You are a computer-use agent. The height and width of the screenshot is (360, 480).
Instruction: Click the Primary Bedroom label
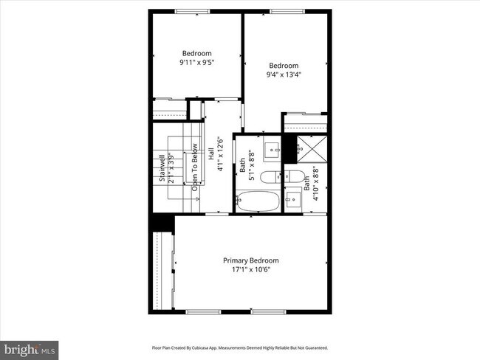tap(251, 260)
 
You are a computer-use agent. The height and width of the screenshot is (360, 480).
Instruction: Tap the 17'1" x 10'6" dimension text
tap(251, 270)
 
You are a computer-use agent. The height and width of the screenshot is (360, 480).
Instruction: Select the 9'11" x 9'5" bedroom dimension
tap(197, 63)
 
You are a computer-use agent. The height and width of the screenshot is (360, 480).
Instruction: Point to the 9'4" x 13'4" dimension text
tap(284, 74)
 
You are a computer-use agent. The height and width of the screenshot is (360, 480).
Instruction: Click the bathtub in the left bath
tap(258, 201)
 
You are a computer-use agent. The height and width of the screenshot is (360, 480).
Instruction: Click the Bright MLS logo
tap(30, 347)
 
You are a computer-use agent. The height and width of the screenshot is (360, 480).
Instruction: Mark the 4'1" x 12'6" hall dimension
tap(220, 154)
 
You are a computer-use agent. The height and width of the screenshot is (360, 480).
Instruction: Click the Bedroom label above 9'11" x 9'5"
tap(197, 53)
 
